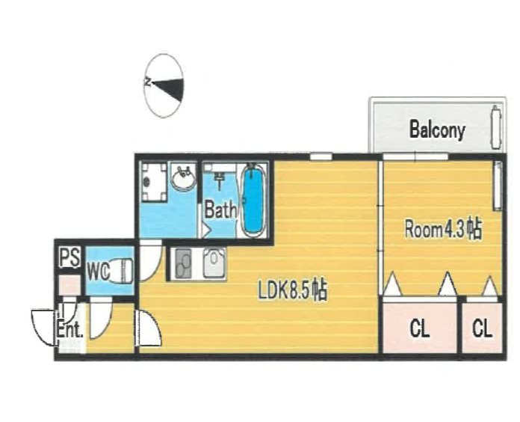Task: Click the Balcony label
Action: point(437,129)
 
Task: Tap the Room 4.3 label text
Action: point(443,229)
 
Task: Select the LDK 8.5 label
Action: point(293,291)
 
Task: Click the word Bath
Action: point(220,210)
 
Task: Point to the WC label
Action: point(99,272)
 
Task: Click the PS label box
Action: point(69,257)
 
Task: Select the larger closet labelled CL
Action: point(420,328)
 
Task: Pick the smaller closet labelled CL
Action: point(482,328)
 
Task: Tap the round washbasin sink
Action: point(183,177)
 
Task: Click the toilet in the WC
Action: point(120,271)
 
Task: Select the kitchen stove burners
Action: point(183,264)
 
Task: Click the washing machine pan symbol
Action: point(154,182)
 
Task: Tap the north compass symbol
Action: point(164,86)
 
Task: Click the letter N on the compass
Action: point(148,82)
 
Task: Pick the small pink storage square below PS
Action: point(69,285)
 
